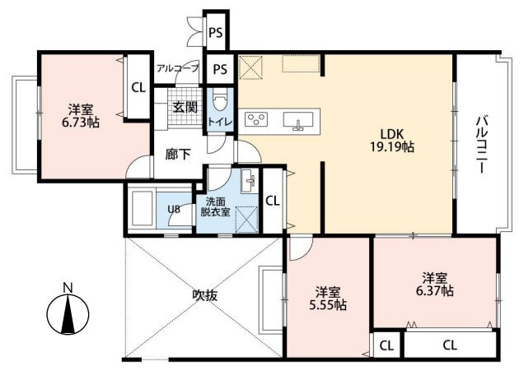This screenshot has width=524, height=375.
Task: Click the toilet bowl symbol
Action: tap(220, 101)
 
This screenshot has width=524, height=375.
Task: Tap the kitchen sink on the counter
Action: tap(298, 120)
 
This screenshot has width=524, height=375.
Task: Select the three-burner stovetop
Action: tap(256, 119)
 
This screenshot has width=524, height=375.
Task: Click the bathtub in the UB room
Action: tap(143, 209)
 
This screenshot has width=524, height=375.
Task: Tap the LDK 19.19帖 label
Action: tap(391, 140)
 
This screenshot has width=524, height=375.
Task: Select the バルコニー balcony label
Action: tap(481, 144)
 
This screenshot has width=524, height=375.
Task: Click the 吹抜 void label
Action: tap(205, 295)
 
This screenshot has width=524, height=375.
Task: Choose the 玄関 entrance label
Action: tap(185, 107)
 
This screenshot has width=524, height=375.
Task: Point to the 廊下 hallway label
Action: tap(178, 155)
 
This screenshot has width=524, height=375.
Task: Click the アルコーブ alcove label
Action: tap(177, 68)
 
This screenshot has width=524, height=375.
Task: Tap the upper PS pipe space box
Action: tap(216, 33)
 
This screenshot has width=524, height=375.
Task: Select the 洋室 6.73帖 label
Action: tap(81, 116)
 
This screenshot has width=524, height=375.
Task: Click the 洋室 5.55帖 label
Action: tap(328, 299)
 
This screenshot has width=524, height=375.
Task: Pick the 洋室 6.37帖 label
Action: tap(434, 285)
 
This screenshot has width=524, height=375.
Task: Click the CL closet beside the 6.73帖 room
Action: tap(138, 87)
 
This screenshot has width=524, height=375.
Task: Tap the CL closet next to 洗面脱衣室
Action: tap(273, 201)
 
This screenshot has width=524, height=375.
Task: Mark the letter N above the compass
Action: tap(68, 288)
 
